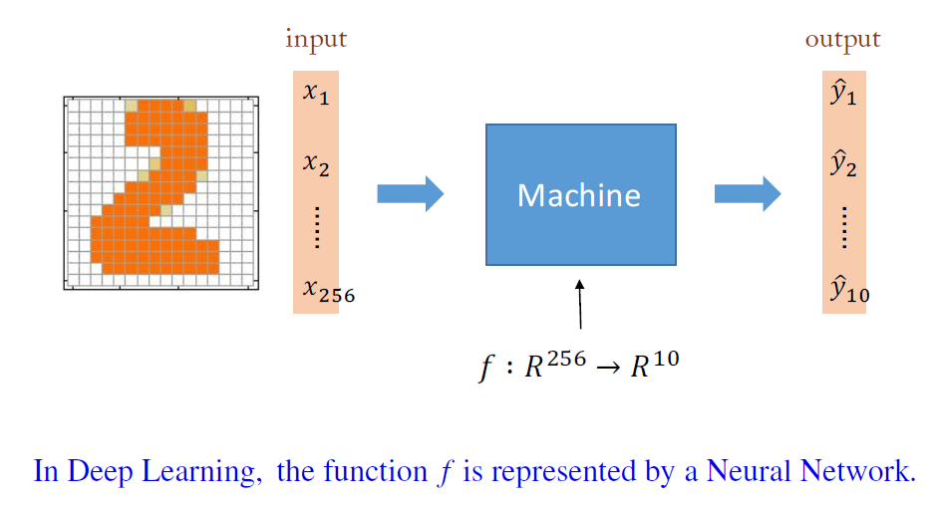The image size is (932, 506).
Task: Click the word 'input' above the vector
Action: click(316, 40)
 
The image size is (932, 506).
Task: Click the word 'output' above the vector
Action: click(842, 40)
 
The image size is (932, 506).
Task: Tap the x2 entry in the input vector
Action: click(316, 162)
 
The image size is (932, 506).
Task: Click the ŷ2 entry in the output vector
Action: click(843, 163)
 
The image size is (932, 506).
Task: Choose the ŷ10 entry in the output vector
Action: click(848, 291)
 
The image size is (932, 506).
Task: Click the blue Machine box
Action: click(580, 194)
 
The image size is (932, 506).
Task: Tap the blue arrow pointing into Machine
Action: click(410, 193)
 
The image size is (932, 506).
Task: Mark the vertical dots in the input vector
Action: click(316, 228)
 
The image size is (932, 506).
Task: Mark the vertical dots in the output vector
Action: click(843, 228)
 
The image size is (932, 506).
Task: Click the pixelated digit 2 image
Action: click(160, 193)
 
